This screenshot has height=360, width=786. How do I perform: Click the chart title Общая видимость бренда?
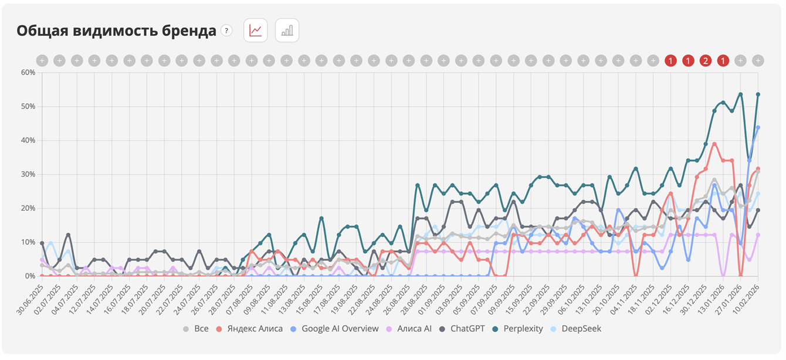116,31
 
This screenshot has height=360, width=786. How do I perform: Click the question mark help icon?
226,30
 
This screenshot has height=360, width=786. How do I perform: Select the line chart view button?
256,30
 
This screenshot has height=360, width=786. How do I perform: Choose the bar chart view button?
287,30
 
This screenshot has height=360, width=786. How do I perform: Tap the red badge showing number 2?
706,60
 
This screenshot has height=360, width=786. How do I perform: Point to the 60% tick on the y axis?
28,73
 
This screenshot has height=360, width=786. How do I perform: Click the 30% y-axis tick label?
28,174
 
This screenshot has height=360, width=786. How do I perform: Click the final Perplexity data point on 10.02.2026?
758,94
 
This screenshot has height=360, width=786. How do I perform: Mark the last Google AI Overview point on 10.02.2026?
758,127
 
